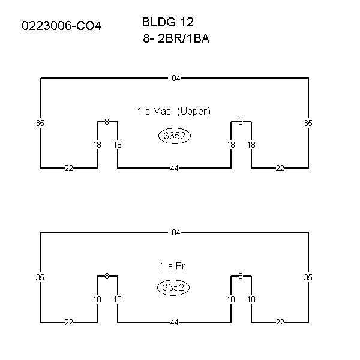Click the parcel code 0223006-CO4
tap(62, 26)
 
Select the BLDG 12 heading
tap(168, 22)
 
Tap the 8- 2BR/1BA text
tap(176, 38)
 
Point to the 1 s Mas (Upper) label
tap(174, 112)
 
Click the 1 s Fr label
tap(173, 266)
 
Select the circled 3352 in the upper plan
tap(175, 136)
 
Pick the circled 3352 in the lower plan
tap(173, 287)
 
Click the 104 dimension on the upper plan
tap(174, 78)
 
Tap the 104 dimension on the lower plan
tap(174, 233)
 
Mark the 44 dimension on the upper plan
tap(174, 168)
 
